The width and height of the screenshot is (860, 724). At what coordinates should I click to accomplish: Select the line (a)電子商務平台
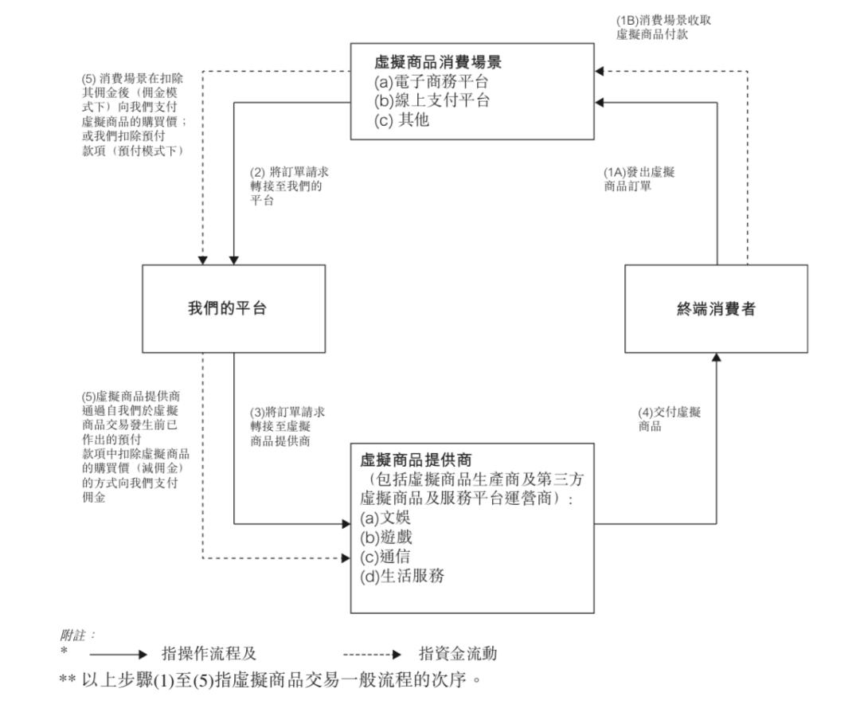coord(432,81)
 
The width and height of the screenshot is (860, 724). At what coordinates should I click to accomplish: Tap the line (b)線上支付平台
coord(432,101)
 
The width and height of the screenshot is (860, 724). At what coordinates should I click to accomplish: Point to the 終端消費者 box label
coord(716,309)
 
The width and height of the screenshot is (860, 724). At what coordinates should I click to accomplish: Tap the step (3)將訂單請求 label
coord(287,425)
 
